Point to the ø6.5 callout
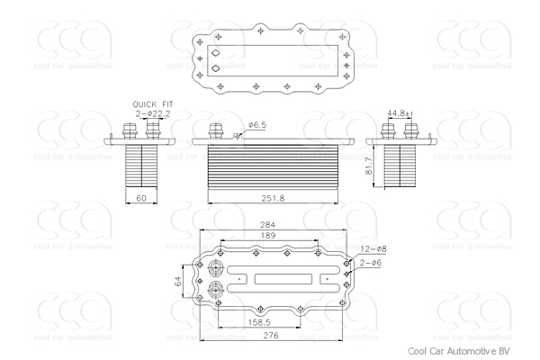[258, 126]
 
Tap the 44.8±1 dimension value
[400, 113]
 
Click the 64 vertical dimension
[178, 281]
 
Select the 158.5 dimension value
[260, 320]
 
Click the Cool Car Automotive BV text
[458, 351]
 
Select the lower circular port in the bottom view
[216, 291]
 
